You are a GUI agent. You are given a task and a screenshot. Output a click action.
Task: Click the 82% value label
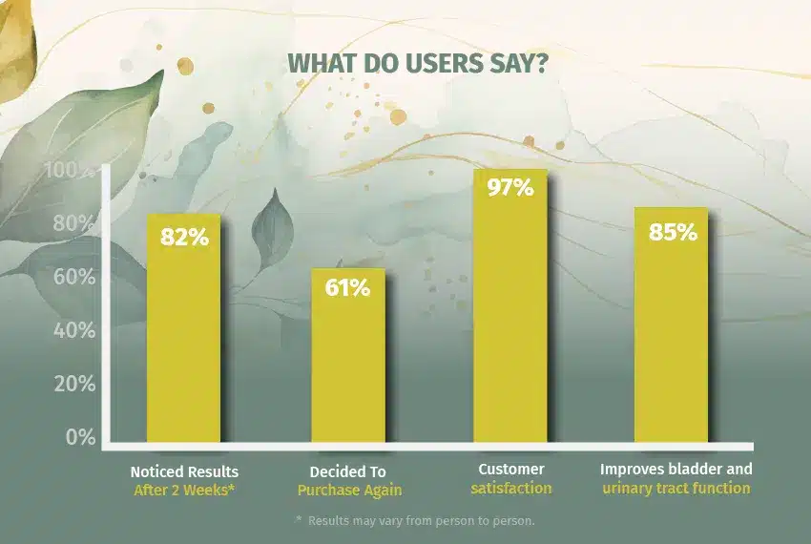[x=184, y=237]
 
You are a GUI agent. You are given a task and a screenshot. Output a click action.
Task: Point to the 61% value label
[x=347, y=287]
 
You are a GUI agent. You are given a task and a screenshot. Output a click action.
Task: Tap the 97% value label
[x=510, y=187]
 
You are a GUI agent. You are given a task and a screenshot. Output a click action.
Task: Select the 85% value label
[x=673, y=231]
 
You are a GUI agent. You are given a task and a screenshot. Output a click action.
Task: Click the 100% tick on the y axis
[x=69, y=171]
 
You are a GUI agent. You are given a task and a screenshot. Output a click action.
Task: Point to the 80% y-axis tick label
[x=73, y=224]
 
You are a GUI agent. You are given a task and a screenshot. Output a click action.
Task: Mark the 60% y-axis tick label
[x=73, y=278]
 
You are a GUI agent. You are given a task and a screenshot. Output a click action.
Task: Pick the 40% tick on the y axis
[x=73, y=331]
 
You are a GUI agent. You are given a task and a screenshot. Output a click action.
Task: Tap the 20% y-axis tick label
[x=73, y=385]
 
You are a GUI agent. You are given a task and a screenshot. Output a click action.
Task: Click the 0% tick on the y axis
[x=80, y=438]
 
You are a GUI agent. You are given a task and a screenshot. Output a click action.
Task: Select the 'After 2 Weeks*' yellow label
[x=184, y=490]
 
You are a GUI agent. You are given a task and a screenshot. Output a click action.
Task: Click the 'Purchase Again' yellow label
[x=348, y=490]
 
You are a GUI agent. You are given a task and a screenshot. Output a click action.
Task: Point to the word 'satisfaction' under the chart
[x=511, y=488]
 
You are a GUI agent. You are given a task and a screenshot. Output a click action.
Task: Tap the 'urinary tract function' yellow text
[x=676, y=488]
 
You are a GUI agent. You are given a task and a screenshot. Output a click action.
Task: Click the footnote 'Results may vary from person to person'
[x=417, y=520]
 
